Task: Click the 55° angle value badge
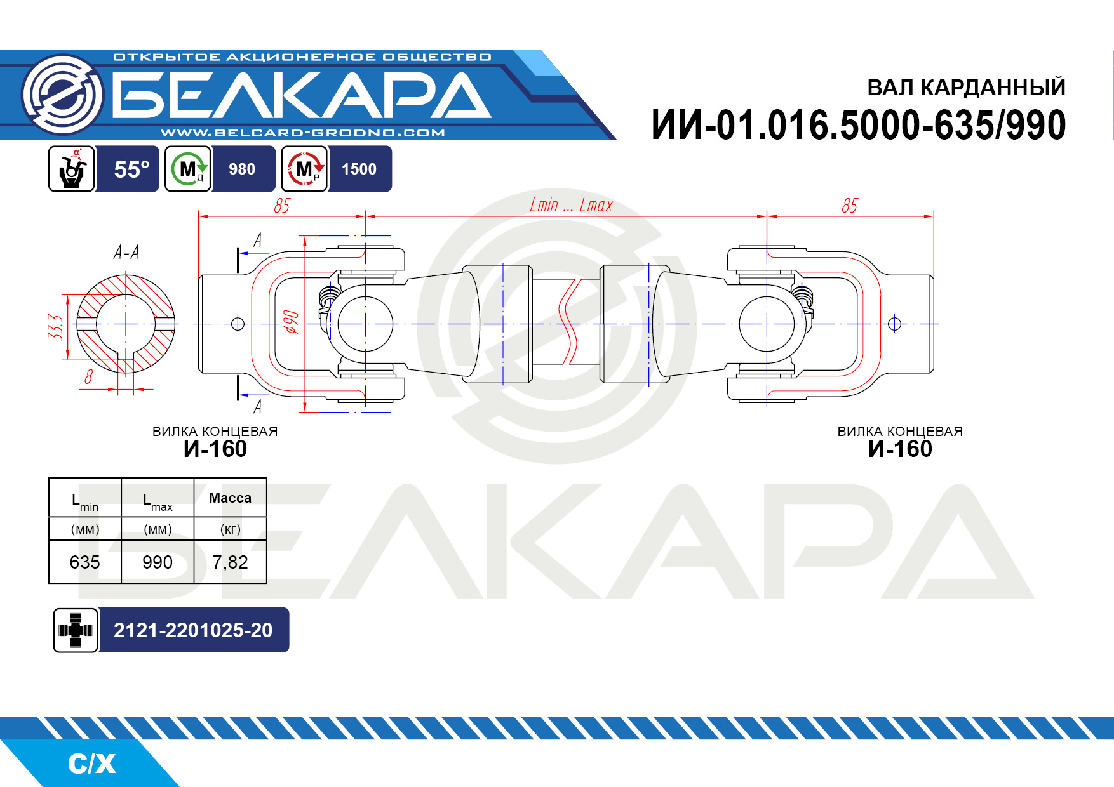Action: pyautogui.click(x=131, y=169)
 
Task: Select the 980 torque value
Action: pyautogui.click(x=242, y=169)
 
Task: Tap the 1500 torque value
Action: pyautogui.click(x=359, y=169)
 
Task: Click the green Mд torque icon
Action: pyautogui.click(x=188, y=169)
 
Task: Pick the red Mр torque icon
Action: pyautogui.click(x=305, y=169)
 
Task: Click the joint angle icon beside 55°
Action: pyautogui.click(x=72, y=169)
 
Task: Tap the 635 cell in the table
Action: pyautogui.click(x=85, y=562)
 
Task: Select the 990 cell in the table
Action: pyautogui.click(x=158, y=562)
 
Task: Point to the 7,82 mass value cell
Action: pyautogui.click(x=230, y=562)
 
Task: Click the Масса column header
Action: pyautogui.click(x=230, y=498)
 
